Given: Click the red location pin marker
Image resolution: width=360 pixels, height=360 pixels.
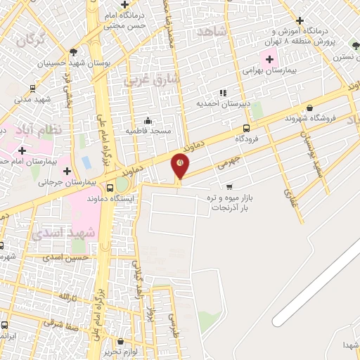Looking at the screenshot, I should point(180,167).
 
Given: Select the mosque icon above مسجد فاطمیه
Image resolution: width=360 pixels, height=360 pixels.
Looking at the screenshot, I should point(148,120).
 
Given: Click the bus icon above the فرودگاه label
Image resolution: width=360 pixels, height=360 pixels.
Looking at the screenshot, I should point(246,128).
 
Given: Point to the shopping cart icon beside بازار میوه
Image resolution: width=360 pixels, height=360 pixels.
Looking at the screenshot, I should point(229,186).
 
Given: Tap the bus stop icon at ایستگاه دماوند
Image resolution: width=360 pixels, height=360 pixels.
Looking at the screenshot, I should point(110,188).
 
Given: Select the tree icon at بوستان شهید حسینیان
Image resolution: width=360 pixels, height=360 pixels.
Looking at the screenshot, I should point(74,52).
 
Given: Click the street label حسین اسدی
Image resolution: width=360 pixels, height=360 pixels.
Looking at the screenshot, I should point(84,258).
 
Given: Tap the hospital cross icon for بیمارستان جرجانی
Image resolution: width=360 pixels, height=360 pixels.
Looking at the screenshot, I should point(67,172).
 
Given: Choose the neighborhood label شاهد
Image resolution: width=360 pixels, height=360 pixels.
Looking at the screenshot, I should point(212,32).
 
